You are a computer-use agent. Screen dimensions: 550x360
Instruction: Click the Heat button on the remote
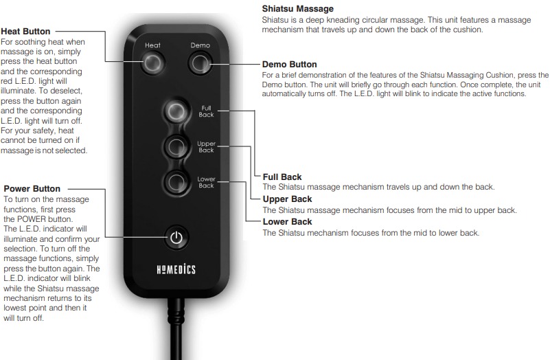[x=152, y=63]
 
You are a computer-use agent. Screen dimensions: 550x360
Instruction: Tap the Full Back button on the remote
[x=176, y=111]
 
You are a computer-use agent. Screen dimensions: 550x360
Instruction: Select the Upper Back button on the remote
[x=176, y=146]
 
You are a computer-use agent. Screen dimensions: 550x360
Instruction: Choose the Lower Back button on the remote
[x=176, y=182]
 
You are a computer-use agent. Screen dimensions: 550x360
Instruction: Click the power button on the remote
[x=176, y=238]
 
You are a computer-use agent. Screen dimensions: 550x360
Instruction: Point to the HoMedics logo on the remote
[x=176, y=269]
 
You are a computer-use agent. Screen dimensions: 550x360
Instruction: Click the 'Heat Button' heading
[x=25, y=32]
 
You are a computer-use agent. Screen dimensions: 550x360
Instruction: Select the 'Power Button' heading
[x=32, y=189]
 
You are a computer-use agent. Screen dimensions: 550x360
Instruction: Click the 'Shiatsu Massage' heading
[x=298, y=9]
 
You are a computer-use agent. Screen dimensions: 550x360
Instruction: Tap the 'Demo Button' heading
[x=289, y=65]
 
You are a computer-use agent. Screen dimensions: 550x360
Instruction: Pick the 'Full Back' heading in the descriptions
[x=282, y=177]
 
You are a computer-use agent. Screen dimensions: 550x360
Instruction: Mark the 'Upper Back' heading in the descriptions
[x=287, y=199]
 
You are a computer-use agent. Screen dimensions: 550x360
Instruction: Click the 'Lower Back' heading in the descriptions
[x=287, y=222]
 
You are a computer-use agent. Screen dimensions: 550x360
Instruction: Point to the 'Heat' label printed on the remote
[x=152, y=45]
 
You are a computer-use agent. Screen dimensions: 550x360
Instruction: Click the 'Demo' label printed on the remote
[x=200, y=45]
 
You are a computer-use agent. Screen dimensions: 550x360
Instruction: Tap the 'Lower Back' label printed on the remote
[x=206, y=182]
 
